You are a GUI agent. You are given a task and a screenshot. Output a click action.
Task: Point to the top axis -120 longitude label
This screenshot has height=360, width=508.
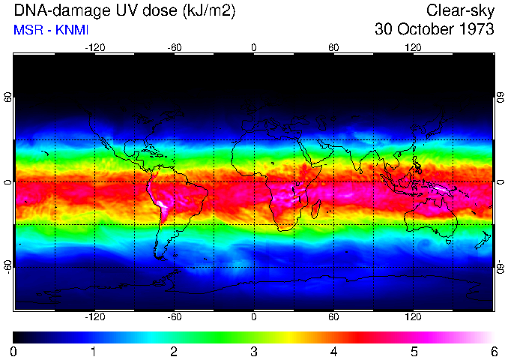[94, 47]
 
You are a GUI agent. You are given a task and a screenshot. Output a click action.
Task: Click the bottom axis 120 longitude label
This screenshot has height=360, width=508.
[413, 316]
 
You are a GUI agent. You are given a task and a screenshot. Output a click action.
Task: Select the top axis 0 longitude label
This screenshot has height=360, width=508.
[254, 47]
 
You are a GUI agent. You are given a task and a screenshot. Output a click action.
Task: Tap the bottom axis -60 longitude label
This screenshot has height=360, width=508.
[175, 316]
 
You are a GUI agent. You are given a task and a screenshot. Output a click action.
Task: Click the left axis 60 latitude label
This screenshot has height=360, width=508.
[8, 97]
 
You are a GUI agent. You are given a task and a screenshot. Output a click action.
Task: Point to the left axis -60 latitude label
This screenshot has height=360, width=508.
[8, 266]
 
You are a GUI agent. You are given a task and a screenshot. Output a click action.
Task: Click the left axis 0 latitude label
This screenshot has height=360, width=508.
[8, 182]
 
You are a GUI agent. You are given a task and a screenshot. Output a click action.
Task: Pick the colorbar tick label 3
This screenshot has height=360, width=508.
[254, 351]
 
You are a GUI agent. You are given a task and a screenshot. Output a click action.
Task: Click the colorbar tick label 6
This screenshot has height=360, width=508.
[493, 351]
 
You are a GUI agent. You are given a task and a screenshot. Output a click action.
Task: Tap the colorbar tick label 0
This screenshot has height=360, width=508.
[14, 351]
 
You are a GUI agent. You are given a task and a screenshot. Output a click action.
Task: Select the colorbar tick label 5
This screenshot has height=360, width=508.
[414, 351]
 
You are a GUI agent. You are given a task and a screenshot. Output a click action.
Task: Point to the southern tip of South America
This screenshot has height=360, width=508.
[163, 257]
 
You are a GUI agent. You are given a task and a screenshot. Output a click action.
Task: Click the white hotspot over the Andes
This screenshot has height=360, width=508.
[161, 204]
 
